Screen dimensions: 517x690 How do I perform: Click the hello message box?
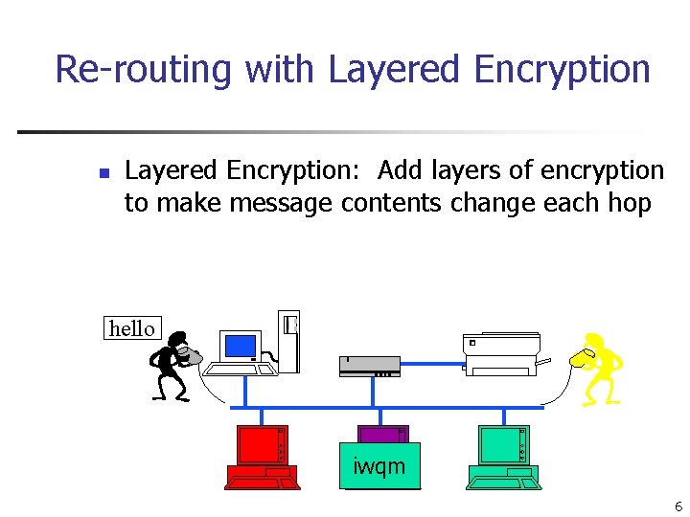[132, 328]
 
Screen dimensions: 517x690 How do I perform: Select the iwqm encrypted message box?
[379, 466]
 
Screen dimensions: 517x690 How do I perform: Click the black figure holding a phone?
[172, 366]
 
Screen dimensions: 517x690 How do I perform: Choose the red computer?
[262, 455]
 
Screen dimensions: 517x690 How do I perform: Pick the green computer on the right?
[503, 455]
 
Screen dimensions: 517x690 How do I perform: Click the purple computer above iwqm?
[383, 434]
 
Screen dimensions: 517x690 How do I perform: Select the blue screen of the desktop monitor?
[240, 346]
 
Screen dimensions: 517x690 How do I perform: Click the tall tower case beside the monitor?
[288, 341]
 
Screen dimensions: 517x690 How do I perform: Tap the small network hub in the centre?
[369, 367]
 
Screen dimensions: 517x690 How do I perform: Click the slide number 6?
[678, 506]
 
